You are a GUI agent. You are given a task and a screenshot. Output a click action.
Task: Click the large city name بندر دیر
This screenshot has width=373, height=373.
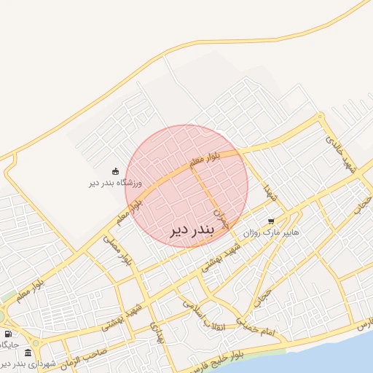click(x=192, y=231)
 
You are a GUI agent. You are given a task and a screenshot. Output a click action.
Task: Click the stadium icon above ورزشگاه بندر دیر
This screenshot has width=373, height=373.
click(x=116, y=171)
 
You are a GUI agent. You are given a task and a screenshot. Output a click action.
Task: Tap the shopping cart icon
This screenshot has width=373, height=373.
click(x=271, y=221)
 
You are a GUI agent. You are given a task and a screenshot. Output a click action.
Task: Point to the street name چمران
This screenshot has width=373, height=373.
click(x=219, y=217)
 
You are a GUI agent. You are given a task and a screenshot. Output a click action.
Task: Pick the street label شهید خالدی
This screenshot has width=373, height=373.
click(x=342, y=152)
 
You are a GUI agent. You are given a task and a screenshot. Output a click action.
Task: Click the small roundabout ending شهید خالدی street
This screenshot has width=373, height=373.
click(x=320, y=117)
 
